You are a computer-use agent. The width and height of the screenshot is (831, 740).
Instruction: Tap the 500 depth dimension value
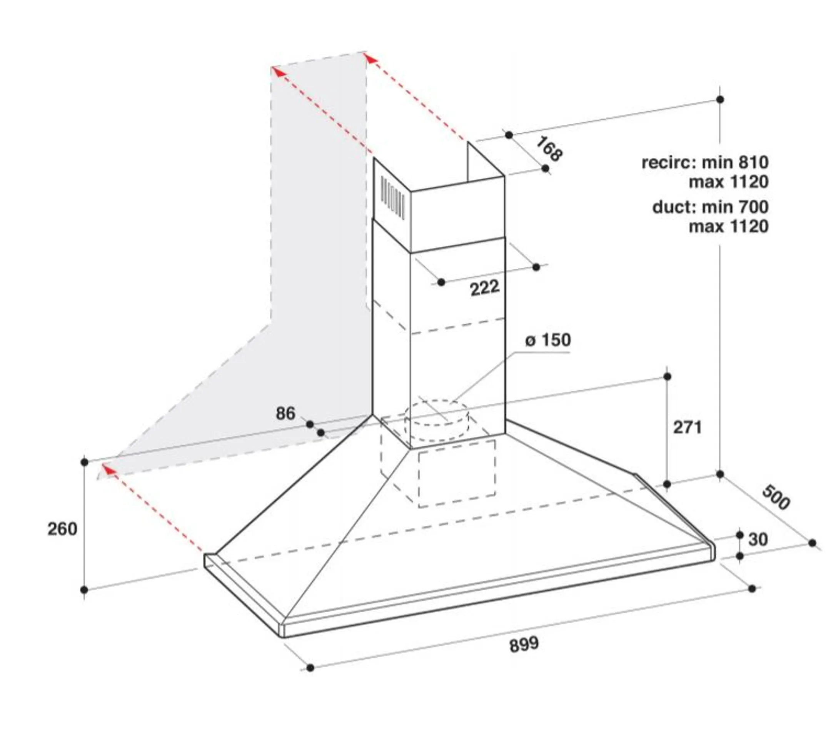coord(776,497)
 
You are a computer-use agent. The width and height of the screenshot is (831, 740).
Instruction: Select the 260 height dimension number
coord(62,529)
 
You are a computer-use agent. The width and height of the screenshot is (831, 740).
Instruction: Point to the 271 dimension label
coord(687,427)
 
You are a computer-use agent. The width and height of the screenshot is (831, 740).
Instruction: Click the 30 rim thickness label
coord(758,540)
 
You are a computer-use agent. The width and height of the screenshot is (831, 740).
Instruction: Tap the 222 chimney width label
coord(485,288)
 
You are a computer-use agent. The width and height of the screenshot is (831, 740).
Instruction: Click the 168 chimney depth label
coord(549,149)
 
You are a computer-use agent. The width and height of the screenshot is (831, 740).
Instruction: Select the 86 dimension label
coord(285,414)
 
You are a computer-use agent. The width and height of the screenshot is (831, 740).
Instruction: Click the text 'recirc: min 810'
coord(705,163)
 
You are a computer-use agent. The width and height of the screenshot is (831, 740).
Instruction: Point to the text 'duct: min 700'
coord(710,207)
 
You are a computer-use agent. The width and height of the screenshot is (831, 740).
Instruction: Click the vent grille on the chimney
coord(392,198)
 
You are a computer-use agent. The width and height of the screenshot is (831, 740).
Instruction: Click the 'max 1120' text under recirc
coord(729,182)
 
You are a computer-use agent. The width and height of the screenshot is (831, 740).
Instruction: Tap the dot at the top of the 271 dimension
coord(667,376)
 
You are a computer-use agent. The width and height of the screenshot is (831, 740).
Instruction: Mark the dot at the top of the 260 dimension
coord(85,462)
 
